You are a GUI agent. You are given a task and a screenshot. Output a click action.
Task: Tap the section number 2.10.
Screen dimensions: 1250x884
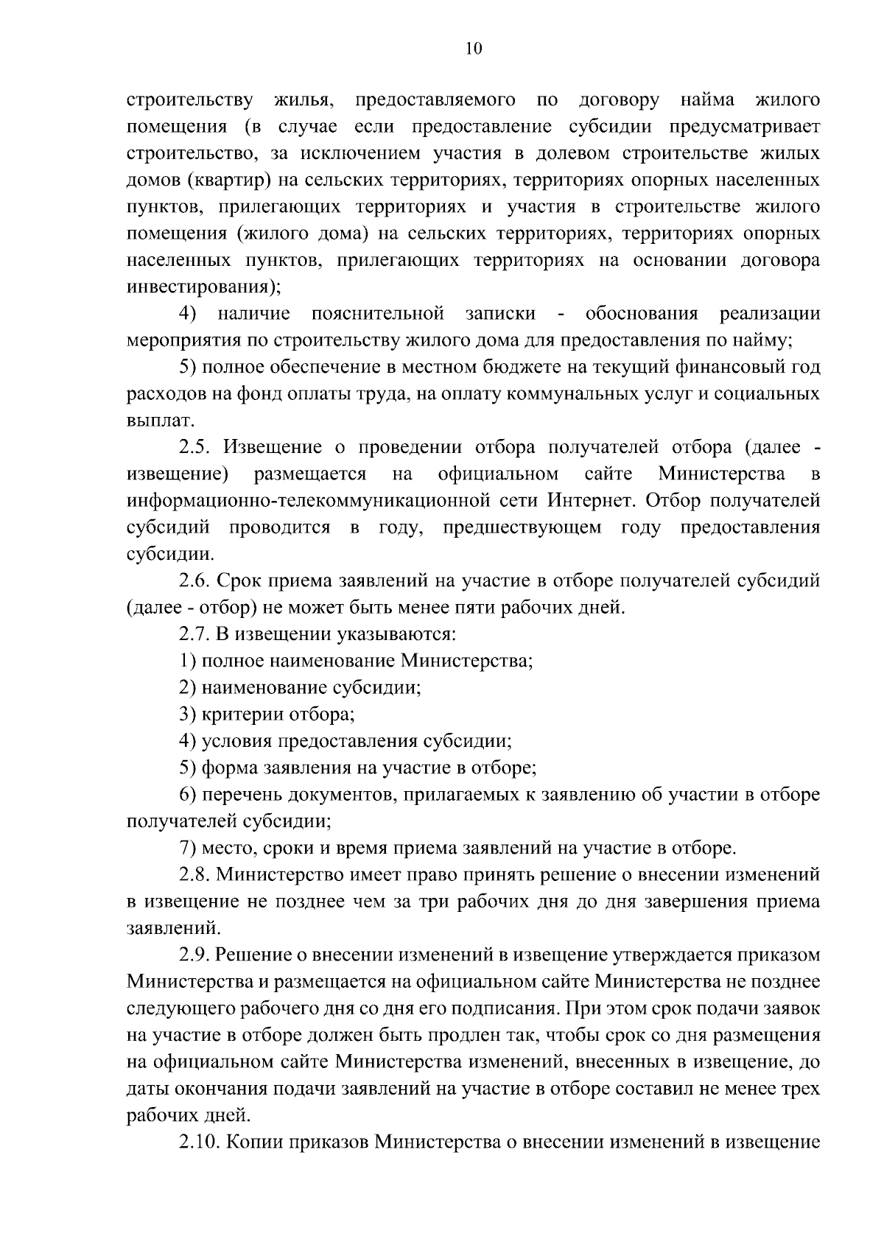[199, 1142]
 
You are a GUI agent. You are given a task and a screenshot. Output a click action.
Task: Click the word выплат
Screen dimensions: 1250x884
[152, 421]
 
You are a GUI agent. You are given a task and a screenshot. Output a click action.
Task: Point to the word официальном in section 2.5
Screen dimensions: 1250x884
[497, 474]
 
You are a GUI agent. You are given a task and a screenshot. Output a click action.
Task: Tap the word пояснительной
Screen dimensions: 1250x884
[378, 314]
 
